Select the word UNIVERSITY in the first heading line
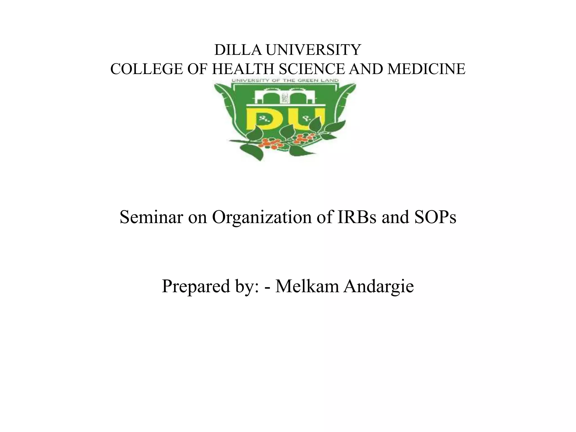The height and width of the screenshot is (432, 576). coord(313,50)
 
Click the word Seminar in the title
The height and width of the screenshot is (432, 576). coord(151,217)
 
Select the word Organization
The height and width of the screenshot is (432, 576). coord(262,217)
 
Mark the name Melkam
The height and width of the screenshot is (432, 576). coord(307,286)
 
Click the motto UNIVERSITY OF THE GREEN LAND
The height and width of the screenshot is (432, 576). coord(285,80)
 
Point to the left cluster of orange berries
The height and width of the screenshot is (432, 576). coord(269,143)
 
